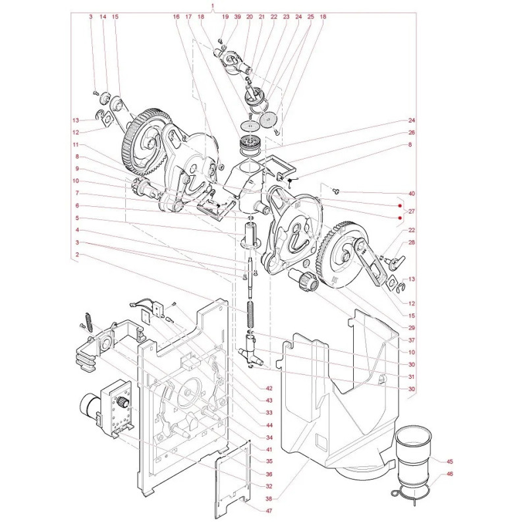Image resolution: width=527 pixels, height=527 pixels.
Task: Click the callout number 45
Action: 450,462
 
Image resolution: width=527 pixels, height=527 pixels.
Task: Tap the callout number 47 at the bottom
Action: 268,511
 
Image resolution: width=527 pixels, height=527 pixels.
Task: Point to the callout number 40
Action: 412,194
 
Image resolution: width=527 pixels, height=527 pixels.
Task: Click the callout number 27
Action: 412,211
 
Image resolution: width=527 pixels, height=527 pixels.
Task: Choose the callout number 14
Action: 103,16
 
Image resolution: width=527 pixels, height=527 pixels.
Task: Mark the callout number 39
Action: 237,16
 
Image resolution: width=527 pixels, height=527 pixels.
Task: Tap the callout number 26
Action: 412,132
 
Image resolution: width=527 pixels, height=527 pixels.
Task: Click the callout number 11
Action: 76,144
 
